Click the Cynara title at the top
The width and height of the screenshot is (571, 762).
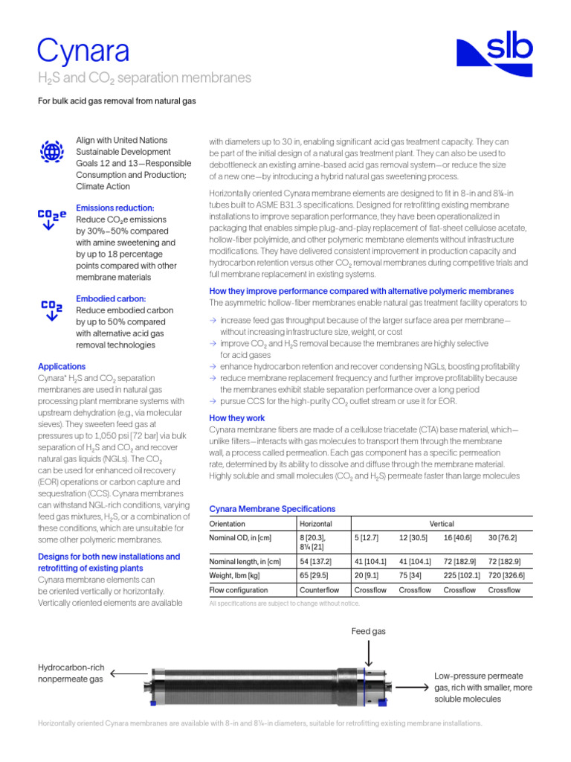click(x=83, y=50)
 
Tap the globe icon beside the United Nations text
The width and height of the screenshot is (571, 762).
click(x=51, y=151)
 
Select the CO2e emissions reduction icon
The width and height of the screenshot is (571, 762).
click(x=51, y=220)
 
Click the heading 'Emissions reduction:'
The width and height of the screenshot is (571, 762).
click(x=115, y=208)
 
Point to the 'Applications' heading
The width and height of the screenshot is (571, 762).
click(x=62, y=367)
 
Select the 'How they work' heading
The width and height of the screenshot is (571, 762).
click(x=236, y=418)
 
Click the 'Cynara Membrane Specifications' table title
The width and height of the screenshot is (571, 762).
click(x=272, y=509)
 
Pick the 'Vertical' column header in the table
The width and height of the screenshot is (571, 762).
click(x=442, y=524)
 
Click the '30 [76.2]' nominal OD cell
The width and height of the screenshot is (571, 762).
click(x=502, y=537)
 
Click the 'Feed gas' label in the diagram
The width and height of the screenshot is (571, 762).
click(x=370, y=631)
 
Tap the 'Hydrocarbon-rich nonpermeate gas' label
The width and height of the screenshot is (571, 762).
click(x=71, y=673)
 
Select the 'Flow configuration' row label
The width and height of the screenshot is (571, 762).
click(x=239, y=590)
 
